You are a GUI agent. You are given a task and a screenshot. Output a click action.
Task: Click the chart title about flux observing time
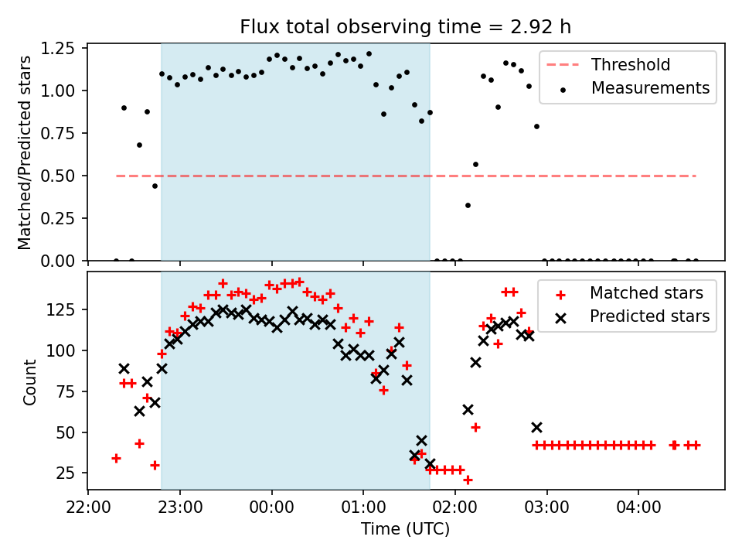(x=406, y=27)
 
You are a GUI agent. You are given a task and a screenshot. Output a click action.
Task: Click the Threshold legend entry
(x=631, y=65)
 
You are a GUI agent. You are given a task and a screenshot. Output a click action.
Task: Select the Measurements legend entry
(x=650, y=88)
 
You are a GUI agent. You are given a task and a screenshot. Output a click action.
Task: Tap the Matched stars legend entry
(x=646, y=293)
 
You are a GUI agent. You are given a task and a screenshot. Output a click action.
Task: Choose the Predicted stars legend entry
(x=650, y=316)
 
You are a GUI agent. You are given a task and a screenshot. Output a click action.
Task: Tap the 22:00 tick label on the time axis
(x=88, y=511)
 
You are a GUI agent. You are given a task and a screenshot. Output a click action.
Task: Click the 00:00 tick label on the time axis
(x=272, y=511)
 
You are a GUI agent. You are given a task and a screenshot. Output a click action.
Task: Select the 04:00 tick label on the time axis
(x=638, y=511)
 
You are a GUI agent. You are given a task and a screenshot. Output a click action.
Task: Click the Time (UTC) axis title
(x=406, y=531)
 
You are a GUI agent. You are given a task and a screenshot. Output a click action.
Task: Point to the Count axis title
(x=30, y=382)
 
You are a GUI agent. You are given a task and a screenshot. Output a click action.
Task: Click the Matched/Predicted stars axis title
(x=25, y=152)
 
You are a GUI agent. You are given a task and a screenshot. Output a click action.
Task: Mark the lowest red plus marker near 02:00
(x=468, y=480)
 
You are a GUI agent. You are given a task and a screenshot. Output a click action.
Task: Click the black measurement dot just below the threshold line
(x=155, y=186)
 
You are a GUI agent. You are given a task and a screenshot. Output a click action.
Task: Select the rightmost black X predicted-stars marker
(x=536, y=427)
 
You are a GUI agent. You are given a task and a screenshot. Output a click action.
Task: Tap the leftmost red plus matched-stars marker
(x=116, y=458)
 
